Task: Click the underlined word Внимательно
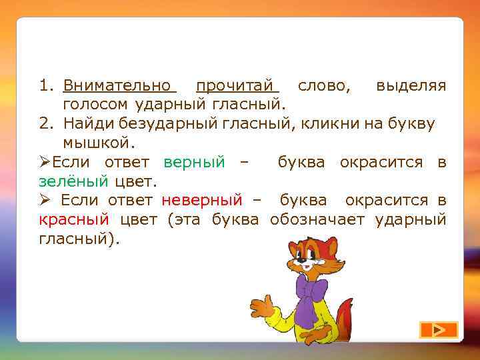pyautogui.click(x=117, y=86)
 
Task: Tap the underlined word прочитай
pyautogui.click(x=235, y=86)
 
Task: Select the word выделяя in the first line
pyautogui.click(x=411, y=86)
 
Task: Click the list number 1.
pyautogui.click(x=45, y=86)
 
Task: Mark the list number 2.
pyautogui.click(x=45, y=123)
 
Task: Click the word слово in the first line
pyautogui.click(x=325, y=86)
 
